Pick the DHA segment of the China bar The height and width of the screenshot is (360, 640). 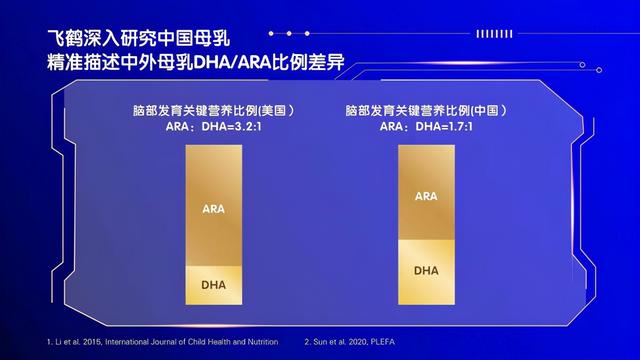(426, 271)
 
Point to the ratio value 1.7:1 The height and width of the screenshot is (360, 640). (456, 127)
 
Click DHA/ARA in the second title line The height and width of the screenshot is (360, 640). (230, 64)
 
